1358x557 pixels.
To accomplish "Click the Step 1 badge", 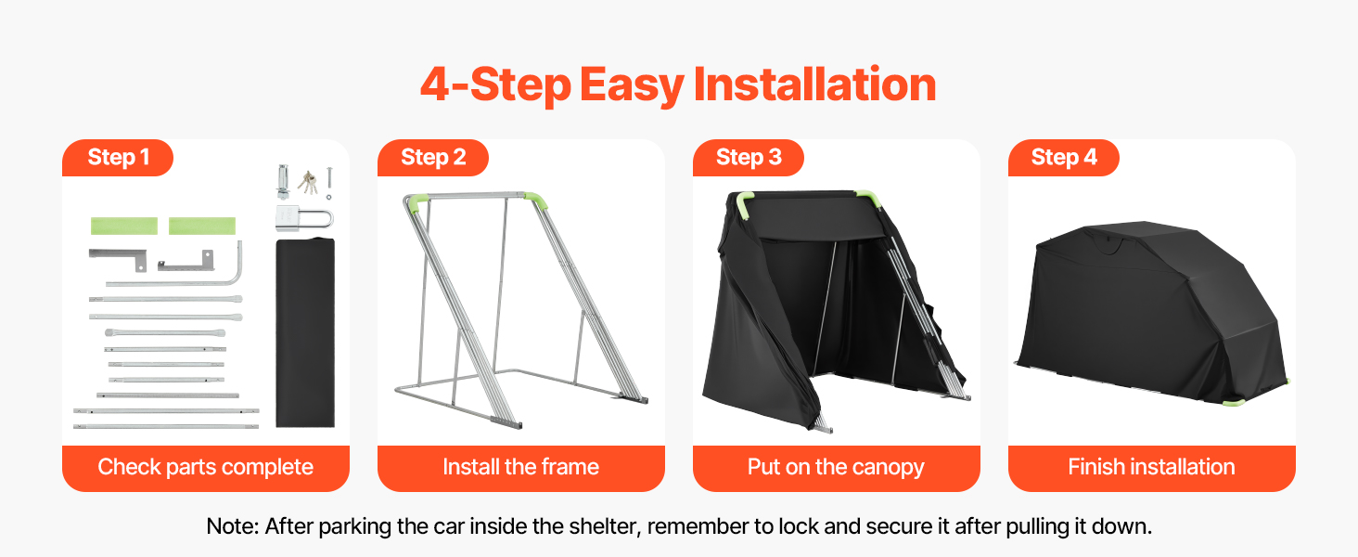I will point(118,158).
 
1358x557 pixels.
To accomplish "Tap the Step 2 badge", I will point(433,158).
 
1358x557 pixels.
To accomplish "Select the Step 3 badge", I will point(749,158).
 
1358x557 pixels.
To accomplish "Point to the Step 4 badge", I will point(1064,158).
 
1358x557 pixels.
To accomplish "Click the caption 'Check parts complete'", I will point(205,467).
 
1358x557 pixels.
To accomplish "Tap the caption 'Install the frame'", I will point(520,467).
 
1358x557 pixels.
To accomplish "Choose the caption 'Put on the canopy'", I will point(836,467).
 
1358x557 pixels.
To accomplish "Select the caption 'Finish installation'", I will point(1151,467).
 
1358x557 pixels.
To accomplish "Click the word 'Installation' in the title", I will point(814,84).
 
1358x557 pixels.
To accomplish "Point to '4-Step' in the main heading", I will point(494,84).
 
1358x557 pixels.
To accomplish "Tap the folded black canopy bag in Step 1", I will point(305,331).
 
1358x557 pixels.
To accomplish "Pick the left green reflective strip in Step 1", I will point(123,226).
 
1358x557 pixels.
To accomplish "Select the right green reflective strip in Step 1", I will point(201,226).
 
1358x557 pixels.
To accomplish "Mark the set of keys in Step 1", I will point(309,180).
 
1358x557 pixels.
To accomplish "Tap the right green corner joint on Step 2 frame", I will point(537,200).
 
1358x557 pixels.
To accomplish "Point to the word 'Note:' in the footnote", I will point(233,526).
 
